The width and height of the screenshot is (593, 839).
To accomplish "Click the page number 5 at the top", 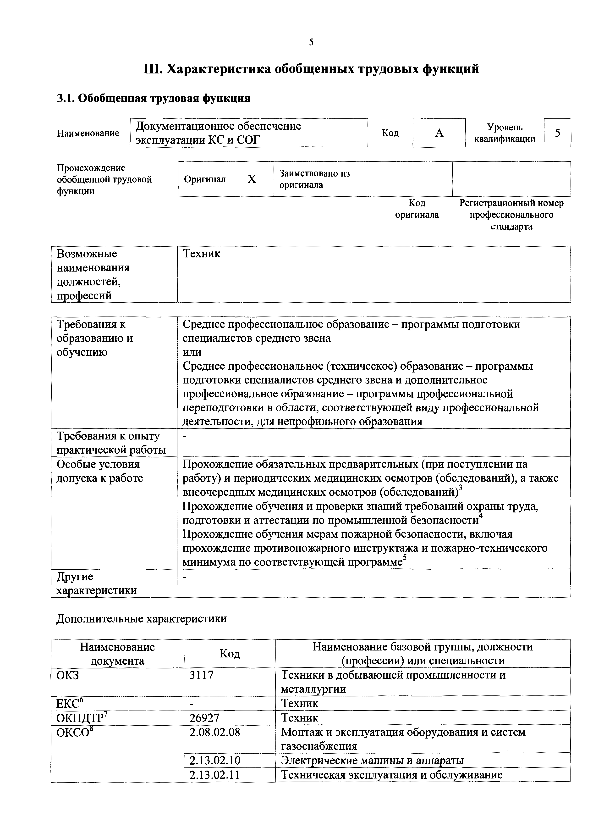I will [x=311, y=42].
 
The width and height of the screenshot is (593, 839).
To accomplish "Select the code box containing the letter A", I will [x=439, y=133].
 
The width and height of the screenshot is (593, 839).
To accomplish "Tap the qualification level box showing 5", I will [x=557, y=133].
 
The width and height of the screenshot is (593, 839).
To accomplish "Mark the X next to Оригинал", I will [x=252, y=179].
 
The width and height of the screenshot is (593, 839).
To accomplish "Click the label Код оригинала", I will [x=417, y=209].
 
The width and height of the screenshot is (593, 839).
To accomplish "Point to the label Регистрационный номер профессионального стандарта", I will [x=511, y=215].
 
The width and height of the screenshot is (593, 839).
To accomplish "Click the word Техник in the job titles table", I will [x=202, y=254].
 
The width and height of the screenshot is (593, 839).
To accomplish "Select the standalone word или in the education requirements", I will [x=192, y=352].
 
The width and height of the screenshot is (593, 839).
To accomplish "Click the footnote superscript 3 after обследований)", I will [x=460, y=489].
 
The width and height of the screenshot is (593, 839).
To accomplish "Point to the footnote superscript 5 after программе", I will [x=404, y=558].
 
